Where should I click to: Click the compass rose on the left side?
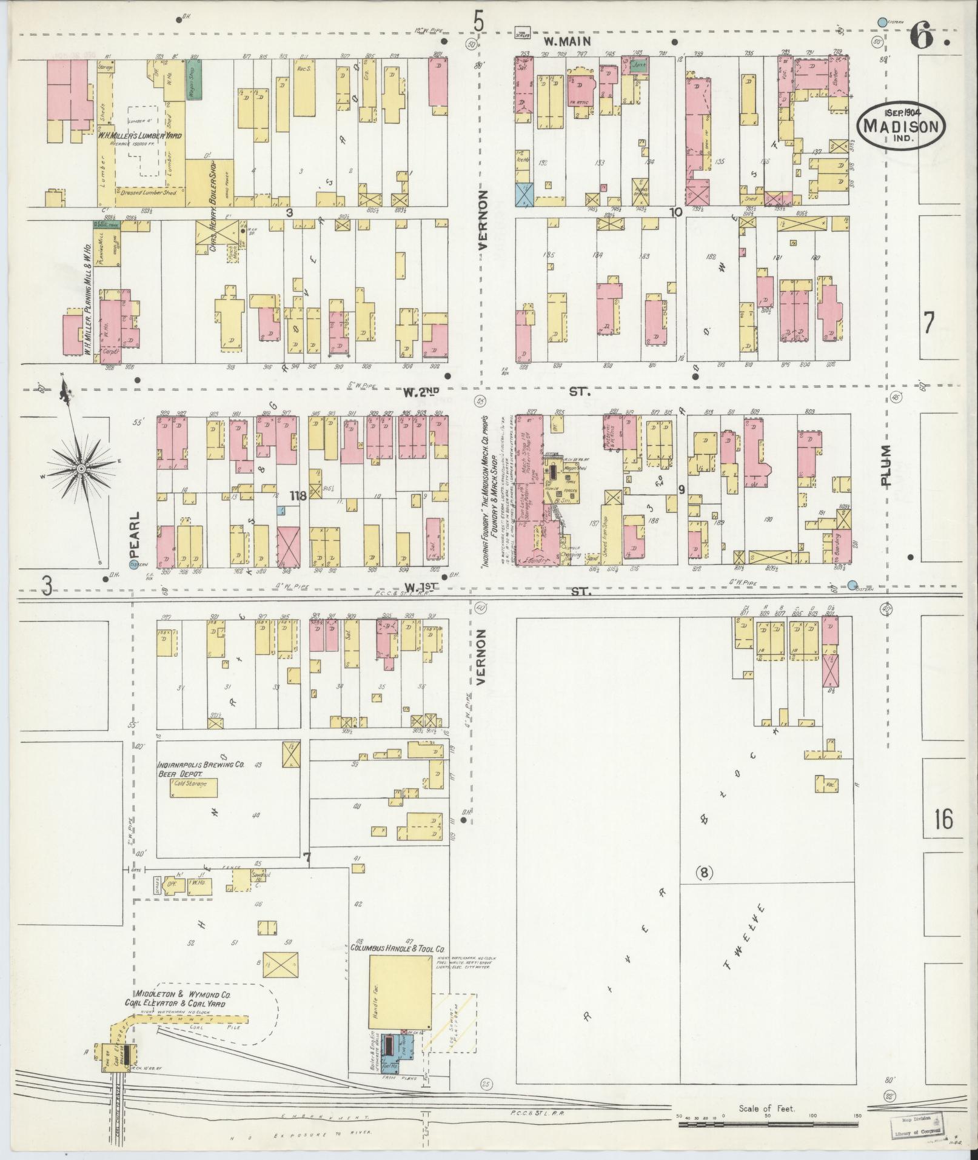[x=81, y=469]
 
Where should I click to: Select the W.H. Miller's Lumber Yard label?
[x=141, y=136]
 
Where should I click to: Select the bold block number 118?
[x=297, y=495]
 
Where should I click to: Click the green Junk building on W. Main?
[x=638, y=66]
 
